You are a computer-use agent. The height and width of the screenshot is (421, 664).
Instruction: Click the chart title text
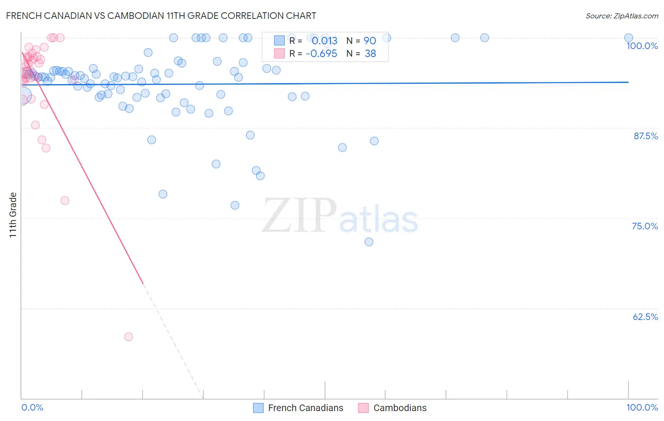coord(161,16)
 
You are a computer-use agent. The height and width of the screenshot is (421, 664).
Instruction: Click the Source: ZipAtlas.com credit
coord(621,16)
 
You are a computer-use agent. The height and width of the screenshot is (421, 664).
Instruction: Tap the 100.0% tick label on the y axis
coord(642,46)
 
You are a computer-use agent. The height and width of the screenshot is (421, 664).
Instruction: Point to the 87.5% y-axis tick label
coord(645,136)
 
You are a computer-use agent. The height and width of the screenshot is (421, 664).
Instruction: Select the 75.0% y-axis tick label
coord(645,226)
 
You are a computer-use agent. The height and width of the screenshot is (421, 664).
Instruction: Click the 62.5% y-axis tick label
coord(645,317)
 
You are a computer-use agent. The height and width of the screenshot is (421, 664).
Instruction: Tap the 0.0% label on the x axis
coord(32,407)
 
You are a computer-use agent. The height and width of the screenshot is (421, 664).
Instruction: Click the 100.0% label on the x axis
coord(642,407)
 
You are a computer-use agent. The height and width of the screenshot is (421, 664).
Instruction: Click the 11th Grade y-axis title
coord(13,215)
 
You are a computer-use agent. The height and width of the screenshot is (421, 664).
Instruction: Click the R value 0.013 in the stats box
coord(324,41)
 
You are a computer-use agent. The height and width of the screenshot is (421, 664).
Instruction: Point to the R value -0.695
coord(321,54)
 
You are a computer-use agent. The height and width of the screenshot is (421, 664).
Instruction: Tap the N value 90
coord(370,41)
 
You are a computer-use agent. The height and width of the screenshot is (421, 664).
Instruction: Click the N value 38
coord(370,54)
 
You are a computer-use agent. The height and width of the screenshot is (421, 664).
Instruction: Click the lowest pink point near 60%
coord(128,337)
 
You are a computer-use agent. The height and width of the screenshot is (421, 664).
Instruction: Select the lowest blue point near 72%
coord(369,242)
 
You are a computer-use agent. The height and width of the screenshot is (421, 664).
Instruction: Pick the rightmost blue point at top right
coord(629,38)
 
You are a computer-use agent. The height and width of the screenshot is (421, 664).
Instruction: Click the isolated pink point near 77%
coord(65,201)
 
